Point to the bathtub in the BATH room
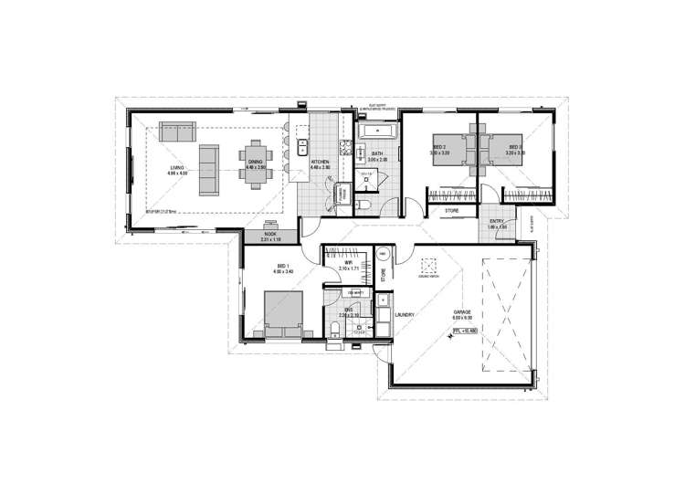point(374,133)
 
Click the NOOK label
point(270,236)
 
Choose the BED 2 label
point(439,149)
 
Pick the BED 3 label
point(514,149)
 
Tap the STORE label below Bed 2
point(451,211)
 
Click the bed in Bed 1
point(281,312)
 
